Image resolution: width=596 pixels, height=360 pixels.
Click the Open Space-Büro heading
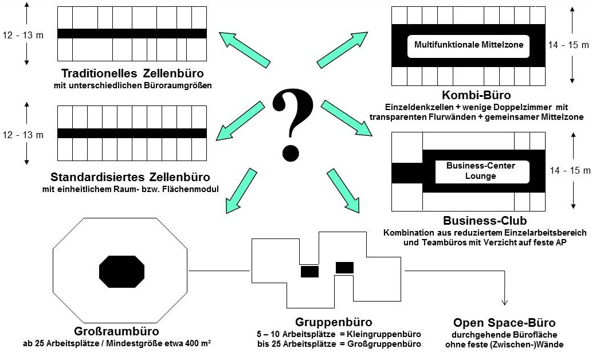click(x=504, y=322)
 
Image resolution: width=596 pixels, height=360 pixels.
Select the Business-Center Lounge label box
click(x=481, y=171)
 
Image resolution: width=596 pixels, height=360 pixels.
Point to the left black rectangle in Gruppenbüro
click(x=309, y=271)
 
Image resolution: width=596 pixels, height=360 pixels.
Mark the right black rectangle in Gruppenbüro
click(x=344, y=267)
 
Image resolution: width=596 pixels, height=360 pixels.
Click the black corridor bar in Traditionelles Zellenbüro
click(x=132, y=33)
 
